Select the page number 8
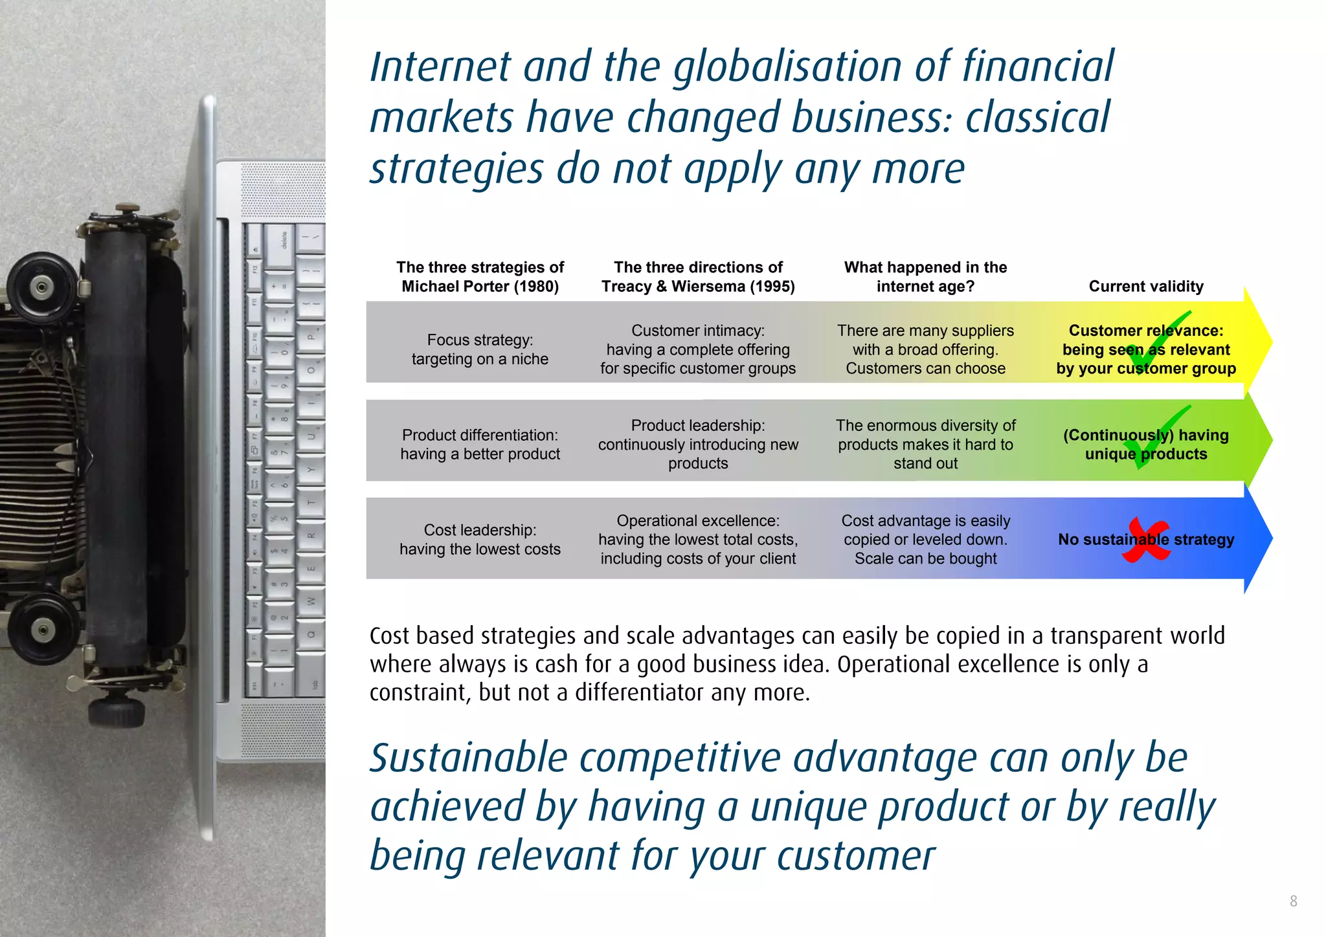1293,901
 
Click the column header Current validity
1145,286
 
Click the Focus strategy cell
480,349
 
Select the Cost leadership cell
480,539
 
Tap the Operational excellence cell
698,539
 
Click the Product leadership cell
698,444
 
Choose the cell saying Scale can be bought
925,558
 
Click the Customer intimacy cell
698,349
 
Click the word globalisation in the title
787,68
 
